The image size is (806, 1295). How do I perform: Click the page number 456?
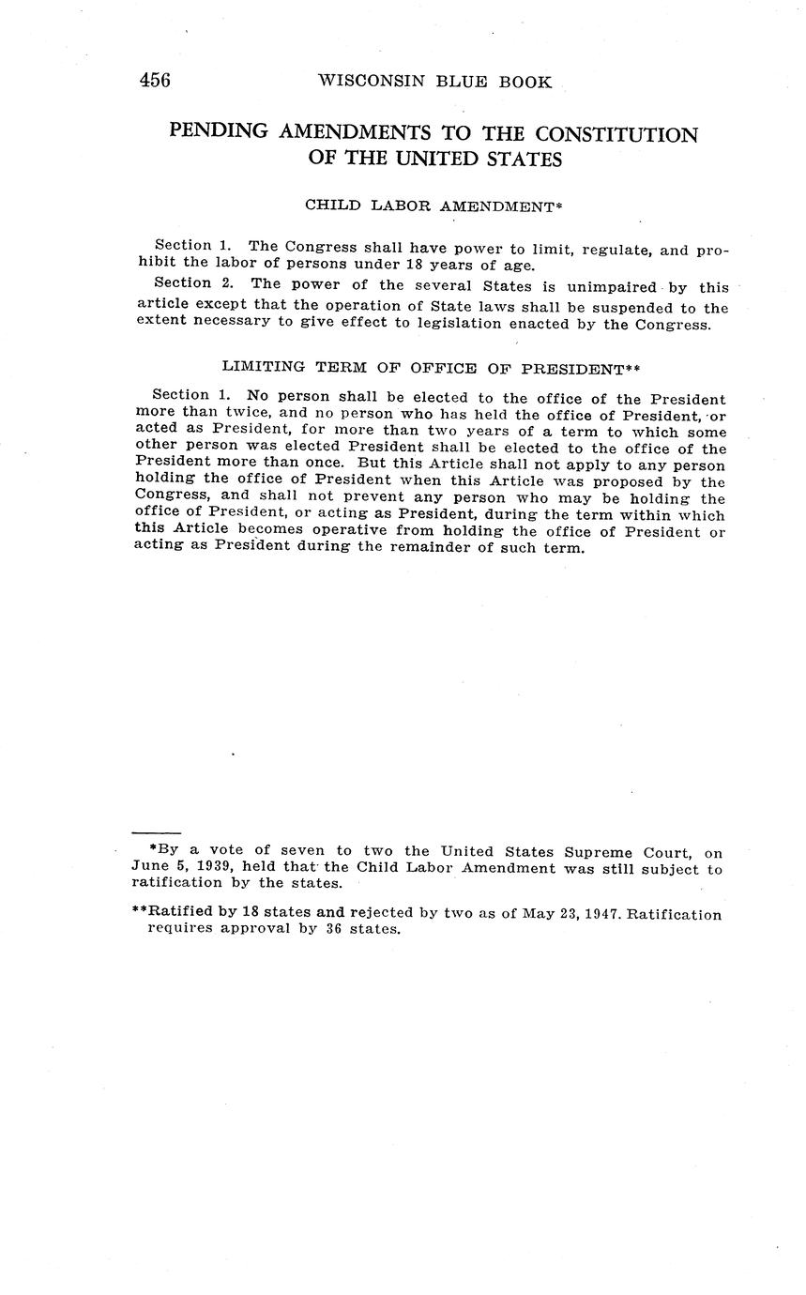[155, 81]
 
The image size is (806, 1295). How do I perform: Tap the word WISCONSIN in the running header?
[370, 82]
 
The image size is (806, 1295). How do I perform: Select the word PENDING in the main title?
[219, 132]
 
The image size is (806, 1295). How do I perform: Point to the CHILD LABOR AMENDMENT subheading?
[433, 205]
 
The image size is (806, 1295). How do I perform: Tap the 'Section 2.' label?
[183, 283]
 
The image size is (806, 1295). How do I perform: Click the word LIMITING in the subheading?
[263, 368]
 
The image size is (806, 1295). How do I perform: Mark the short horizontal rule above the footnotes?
[156, 832]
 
